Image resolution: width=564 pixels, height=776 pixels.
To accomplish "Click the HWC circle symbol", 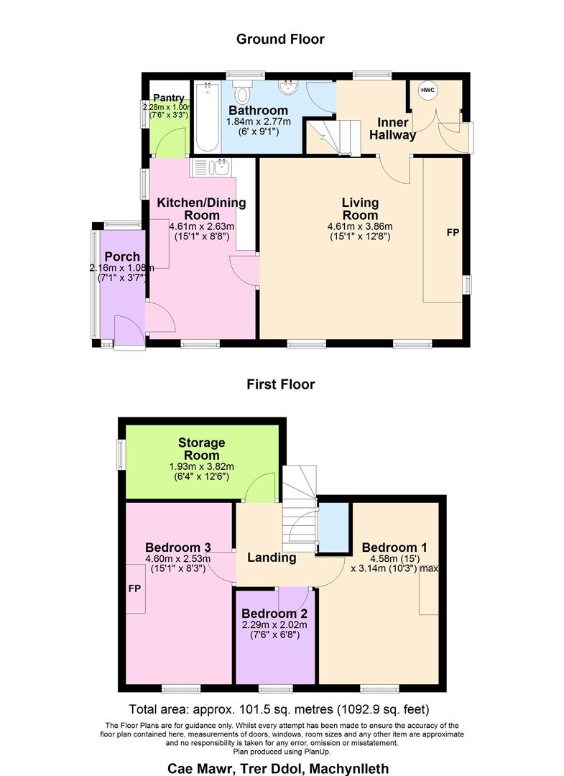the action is [x=428, y=90].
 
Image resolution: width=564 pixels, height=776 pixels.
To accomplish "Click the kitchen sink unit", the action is [x=211, y=167].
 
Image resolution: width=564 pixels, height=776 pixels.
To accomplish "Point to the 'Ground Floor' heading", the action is [x=280, y=39].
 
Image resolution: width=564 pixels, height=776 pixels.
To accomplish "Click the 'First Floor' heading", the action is [x=280, y=384].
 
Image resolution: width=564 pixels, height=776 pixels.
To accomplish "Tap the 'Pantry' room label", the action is [x=169, y=98].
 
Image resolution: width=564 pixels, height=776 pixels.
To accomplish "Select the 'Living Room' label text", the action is [x=360, y=209].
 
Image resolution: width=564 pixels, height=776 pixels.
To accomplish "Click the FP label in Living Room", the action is [x=453, y=232].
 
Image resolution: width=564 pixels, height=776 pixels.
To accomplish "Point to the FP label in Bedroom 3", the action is [x=134, y=588].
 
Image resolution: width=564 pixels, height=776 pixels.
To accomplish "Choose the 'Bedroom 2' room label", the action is [x=274, y=614].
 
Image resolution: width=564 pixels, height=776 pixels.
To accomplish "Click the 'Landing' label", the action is [x=272, y=558].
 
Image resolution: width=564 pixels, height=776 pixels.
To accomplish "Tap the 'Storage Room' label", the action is [x=202, y=449].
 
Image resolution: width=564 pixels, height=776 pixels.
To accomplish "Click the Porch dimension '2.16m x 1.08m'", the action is [x=121, y=268].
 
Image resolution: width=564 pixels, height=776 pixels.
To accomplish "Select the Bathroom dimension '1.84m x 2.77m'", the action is [x=259, y=121].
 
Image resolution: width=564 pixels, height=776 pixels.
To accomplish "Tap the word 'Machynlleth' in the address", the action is [x=349, y=769].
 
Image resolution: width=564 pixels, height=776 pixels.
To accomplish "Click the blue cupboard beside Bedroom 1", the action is [x=333, y=527].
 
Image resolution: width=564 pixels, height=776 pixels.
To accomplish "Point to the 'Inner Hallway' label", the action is [x=393, y=129].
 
